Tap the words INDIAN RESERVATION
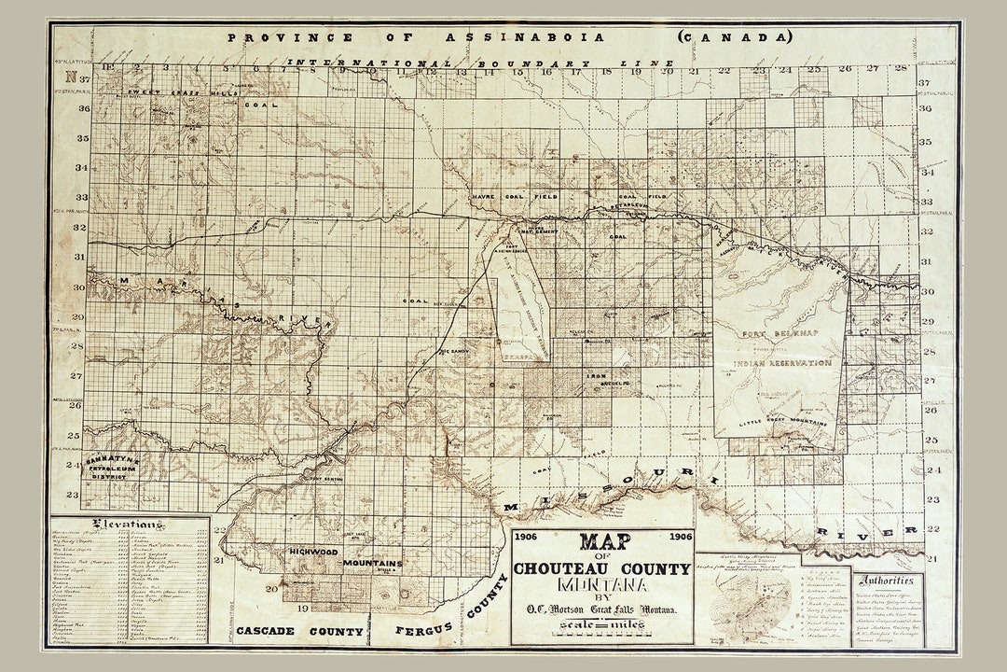coord(781,362)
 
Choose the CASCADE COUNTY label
coord(299,631)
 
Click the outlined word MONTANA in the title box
coord(601,587)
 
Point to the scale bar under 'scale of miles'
coord(601,634)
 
